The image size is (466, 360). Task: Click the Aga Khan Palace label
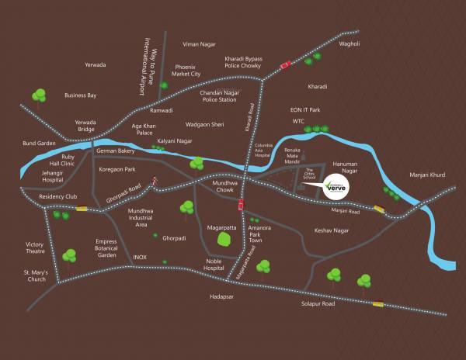coord(147,129)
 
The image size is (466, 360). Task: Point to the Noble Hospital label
coord(219,264)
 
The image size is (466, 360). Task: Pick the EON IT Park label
coord(304,110)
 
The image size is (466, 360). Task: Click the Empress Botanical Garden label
coord(106,247)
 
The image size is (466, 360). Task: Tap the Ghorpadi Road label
coord(124,194)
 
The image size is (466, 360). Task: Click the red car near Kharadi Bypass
coord(285,64)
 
